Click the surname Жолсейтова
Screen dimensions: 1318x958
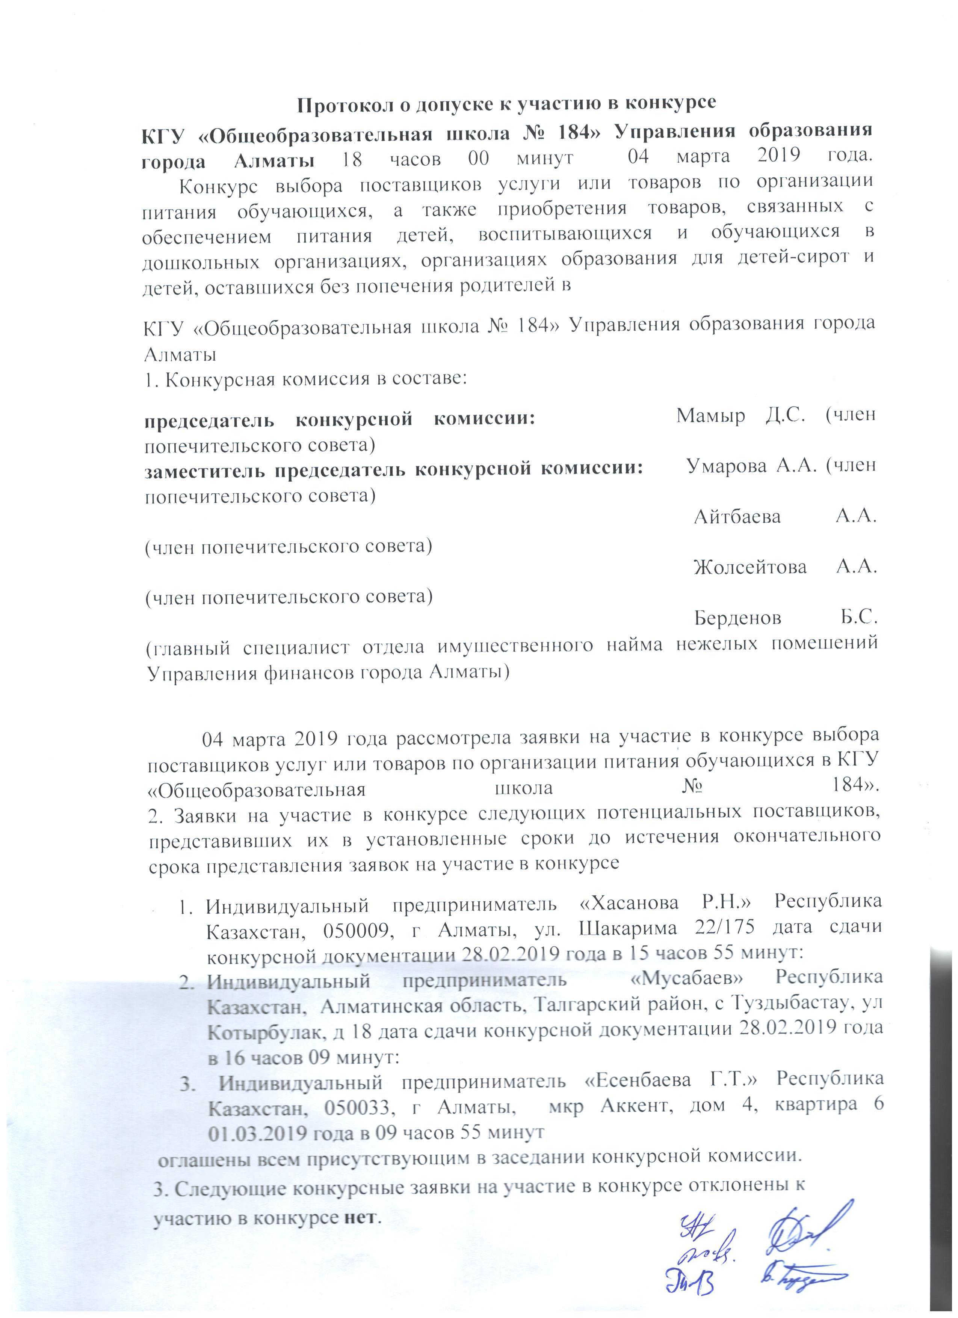click(x=750, y=567)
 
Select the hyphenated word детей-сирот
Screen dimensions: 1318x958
click(x=792, y=257)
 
